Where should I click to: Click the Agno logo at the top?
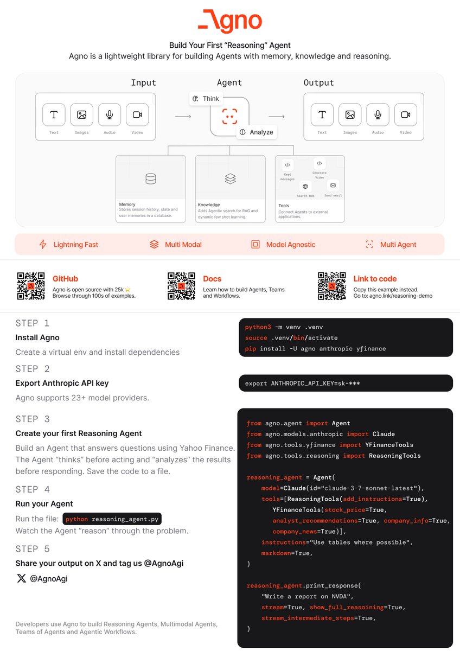229,21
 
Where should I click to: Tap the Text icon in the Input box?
54,114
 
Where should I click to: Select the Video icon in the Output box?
405,114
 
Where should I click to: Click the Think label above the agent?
206,99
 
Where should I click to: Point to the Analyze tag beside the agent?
257,132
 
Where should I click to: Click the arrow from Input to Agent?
183,116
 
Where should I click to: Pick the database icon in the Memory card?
151,178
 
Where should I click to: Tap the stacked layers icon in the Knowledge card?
230,178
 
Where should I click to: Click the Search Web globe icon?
305,186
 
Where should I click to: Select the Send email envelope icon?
333,185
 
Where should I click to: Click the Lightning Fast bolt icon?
43,245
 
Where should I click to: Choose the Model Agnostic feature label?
290,245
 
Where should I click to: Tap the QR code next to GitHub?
31,286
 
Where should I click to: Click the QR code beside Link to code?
331,286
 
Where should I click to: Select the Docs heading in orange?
212,279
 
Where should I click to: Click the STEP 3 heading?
34,419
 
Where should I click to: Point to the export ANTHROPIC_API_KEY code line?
302,384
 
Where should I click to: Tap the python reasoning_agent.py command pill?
112,519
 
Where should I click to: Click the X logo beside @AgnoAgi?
21,578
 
